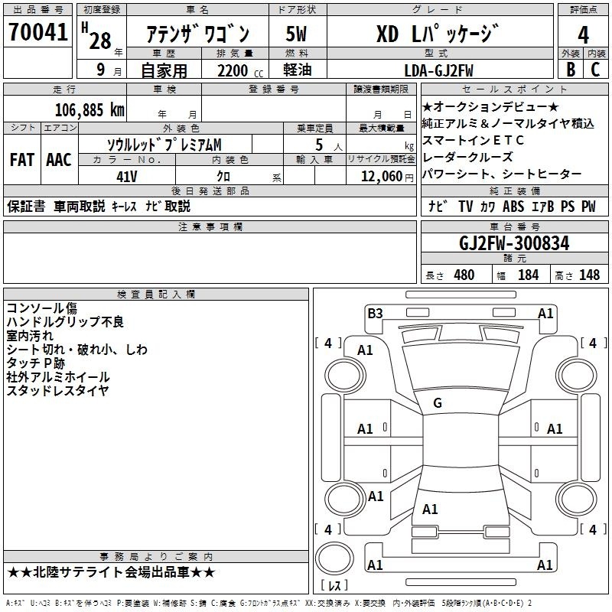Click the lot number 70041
click(x=37, y=32)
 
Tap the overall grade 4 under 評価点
click(x=583, y=35)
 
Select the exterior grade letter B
click(x=571, y=70)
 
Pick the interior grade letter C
click(x=595, y=70)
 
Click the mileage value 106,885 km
click(x=90, y=110)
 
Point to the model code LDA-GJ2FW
click(x=438, y=70)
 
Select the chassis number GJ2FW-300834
click(x=514, y=243)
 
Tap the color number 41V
click(x=127, y=177)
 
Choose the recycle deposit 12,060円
click(x=387, y=177)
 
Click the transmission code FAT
click(x=22, y=160)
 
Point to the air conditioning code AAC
click(x=59, y=160)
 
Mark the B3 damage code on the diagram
click(x=375, y=314)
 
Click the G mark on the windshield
click(x=438, y=403)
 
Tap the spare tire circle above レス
click(x=334, y=558)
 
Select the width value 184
click(x=528, y=275)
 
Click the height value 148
click(x=589, y=275)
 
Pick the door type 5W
click(x=296, y=34)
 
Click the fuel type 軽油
click(x=298, y=70)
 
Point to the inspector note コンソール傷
click(x=42, y=308)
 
